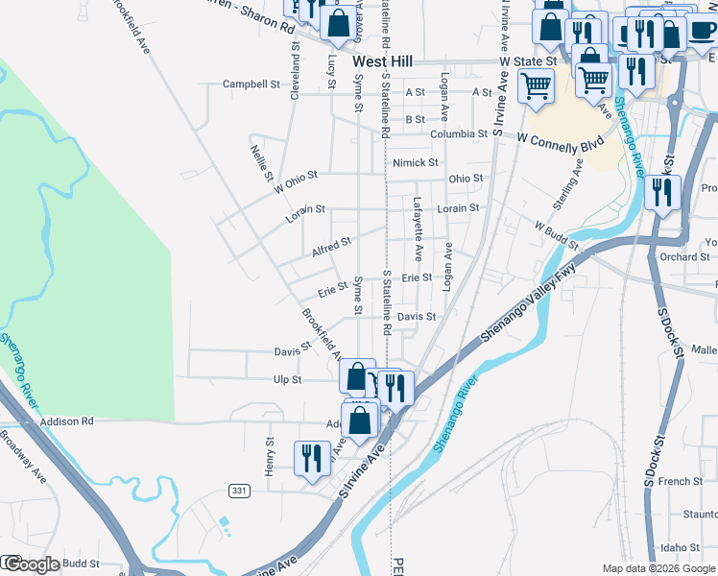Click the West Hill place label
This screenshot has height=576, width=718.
pos(382,61)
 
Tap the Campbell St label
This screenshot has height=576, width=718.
pos(251,84)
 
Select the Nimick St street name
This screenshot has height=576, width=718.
pos(415,163)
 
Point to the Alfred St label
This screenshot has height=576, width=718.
pos(331,248)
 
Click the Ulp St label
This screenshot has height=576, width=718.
pos(288,380)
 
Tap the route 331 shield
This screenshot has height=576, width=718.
pos(239,491)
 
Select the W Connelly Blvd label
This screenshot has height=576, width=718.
pos(560,140)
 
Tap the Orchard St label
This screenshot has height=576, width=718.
pos(684,257)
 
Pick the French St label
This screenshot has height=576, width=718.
pos(681,481)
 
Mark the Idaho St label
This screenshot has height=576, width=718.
pos(682,548)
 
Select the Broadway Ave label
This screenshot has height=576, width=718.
pos(23,462)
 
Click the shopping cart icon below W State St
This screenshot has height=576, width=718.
pos(536,85)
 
